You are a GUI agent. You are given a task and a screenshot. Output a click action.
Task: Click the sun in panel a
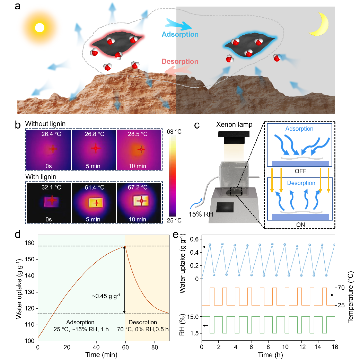tap(40, 27)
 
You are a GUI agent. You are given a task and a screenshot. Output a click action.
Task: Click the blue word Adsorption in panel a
tap(180, 34)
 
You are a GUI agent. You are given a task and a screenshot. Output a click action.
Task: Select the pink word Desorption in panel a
tap(180, 61)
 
